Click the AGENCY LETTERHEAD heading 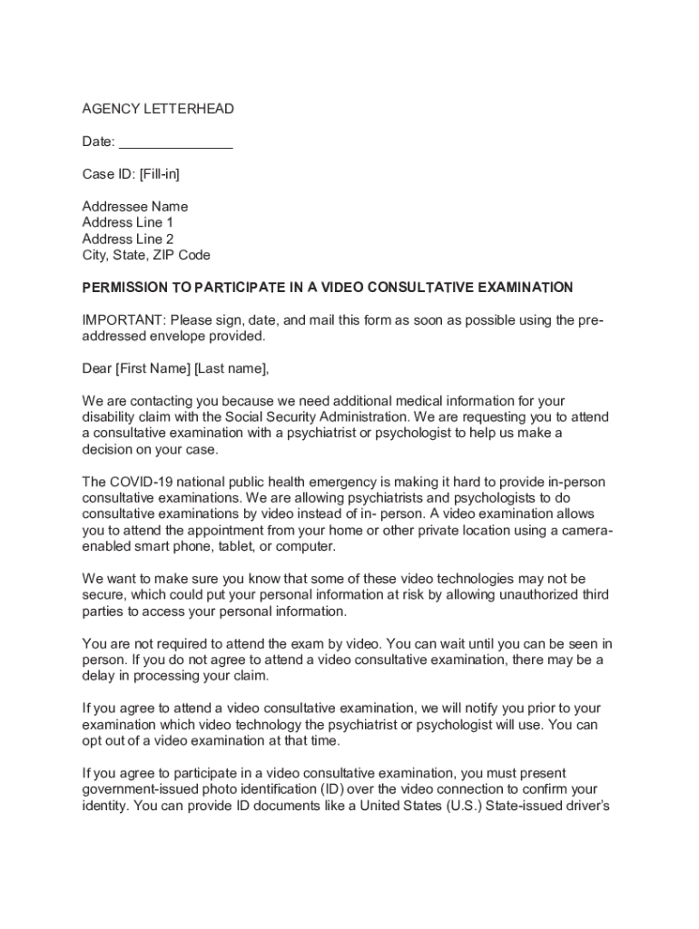[x=158, y=109]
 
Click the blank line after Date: [x=176, y=142]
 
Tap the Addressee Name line [x=135, y=207]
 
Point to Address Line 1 [x=128, y=223]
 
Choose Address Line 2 [x=128, y=240]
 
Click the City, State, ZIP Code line [x=146, y=256]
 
